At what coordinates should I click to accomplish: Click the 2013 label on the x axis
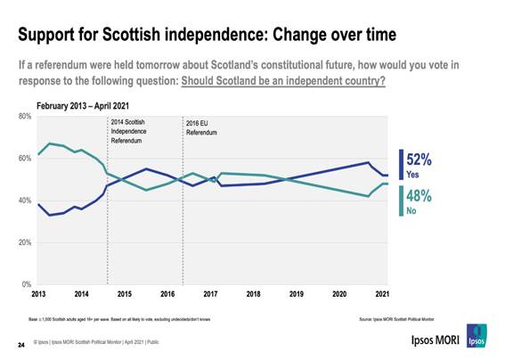pos(38,294)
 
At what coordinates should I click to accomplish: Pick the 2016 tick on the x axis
pos(167,294)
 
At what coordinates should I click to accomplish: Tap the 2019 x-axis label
pos(296,294)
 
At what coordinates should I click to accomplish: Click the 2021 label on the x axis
pos(381,294)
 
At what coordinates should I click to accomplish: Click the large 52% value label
pos(419,160)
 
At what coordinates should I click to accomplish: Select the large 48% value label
pos(419,197)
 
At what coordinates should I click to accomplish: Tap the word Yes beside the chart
pos(412,174)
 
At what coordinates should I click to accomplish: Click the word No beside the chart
pos(411,211)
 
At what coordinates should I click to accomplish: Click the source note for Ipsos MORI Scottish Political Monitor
pos(403,316)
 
